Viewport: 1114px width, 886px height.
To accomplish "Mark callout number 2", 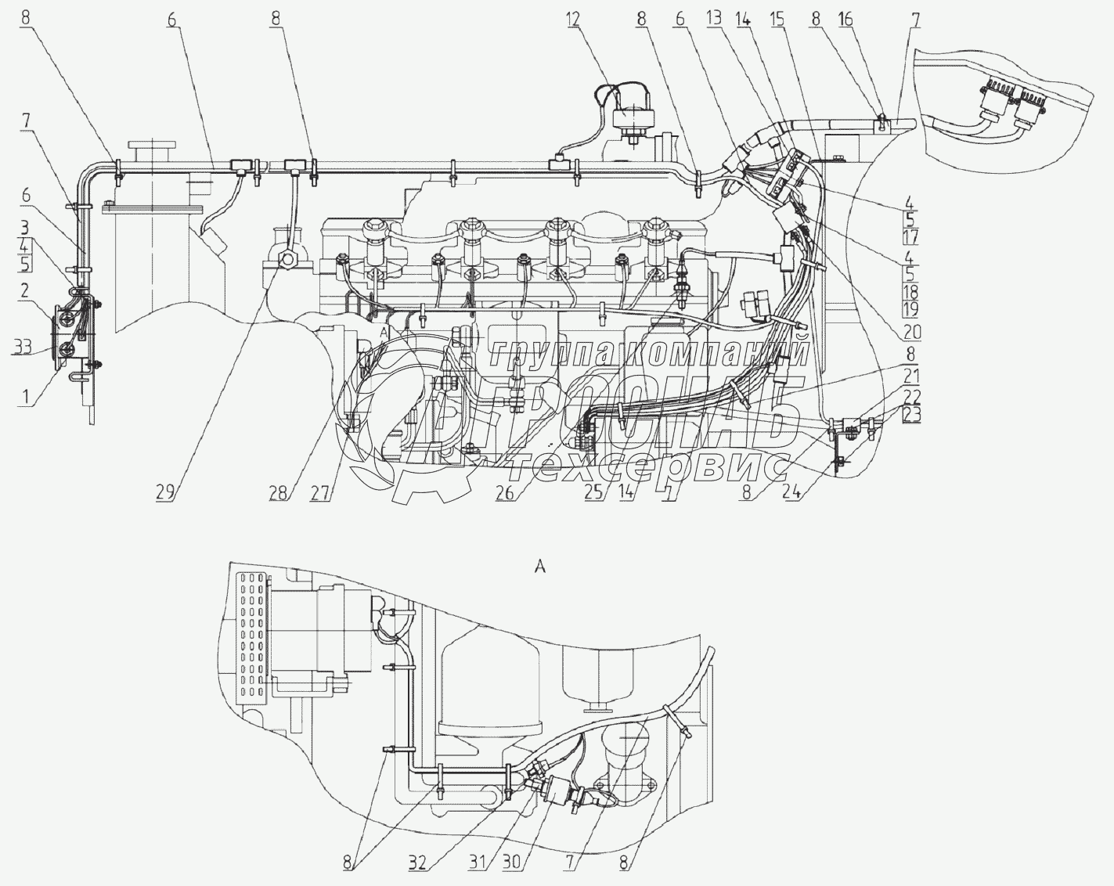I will tap(25, 291).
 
